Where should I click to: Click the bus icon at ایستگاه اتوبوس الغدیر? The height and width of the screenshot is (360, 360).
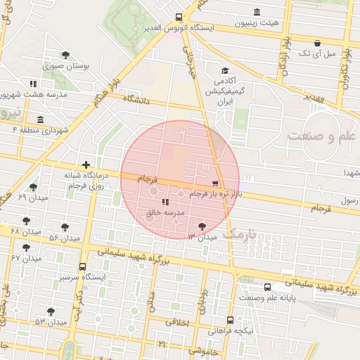pos(179,17)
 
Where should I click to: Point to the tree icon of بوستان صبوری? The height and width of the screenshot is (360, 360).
pos(65,55)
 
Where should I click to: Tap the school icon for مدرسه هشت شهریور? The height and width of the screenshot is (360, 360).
pos(32,83)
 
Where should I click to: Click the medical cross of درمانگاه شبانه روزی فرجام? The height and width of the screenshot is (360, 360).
pos(86,164)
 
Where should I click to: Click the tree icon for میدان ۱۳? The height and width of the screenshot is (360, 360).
pos(202,226)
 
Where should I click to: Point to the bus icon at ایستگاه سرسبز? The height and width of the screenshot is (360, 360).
pos(83,266)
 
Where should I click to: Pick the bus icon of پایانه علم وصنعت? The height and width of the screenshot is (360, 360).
pos(266,286)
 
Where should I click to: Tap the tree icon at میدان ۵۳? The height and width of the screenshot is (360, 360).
pos(51,311)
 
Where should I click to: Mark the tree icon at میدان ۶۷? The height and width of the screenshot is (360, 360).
pos(27,247)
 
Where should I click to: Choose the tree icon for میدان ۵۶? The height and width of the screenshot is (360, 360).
pos(65,227)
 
